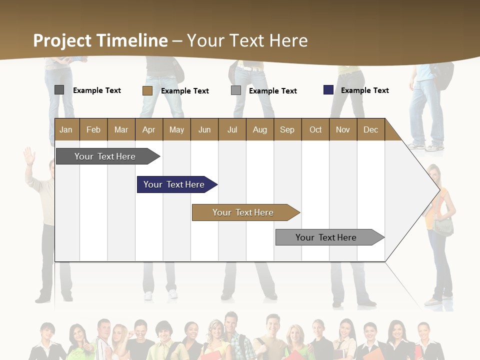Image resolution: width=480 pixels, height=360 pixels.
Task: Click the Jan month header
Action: tap(66, 129)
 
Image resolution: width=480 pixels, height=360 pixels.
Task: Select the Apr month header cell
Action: tap(149, 129)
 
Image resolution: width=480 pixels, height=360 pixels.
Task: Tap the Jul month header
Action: tap(232, 129)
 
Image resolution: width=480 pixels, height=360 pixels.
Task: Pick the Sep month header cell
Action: tap(287, 129)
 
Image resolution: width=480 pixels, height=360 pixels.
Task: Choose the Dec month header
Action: tap(370, 129)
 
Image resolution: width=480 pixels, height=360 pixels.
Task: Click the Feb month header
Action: tap(93, 129)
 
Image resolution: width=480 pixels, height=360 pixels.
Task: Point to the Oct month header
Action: tap(315, 129)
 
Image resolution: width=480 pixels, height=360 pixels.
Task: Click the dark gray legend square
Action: tap(59, 90)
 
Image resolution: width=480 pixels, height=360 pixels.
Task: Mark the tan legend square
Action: tap(147, 90)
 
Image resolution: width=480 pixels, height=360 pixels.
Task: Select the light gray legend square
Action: tap(236, 90)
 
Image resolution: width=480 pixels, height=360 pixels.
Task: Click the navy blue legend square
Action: tap(328, 90)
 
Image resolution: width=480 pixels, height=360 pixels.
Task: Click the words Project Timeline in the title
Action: tap(100, 40)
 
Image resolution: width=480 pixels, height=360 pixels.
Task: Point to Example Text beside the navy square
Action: tap(364, 90)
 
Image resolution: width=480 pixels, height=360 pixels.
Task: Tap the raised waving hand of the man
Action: tap(29, 156)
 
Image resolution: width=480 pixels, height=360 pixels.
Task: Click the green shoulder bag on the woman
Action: tap(443, 227)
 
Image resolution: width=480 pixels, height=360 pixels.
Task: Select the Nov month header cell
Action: tap(343, 129)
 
